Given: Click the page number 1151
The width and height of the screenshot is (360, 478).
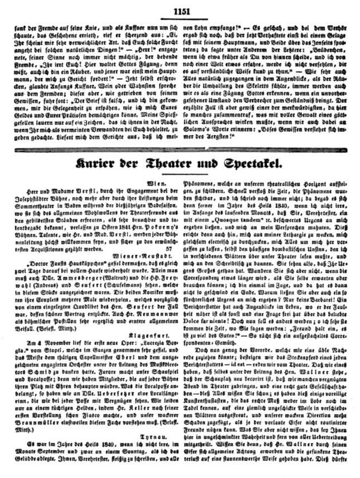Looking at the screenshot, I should point(183,9).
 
